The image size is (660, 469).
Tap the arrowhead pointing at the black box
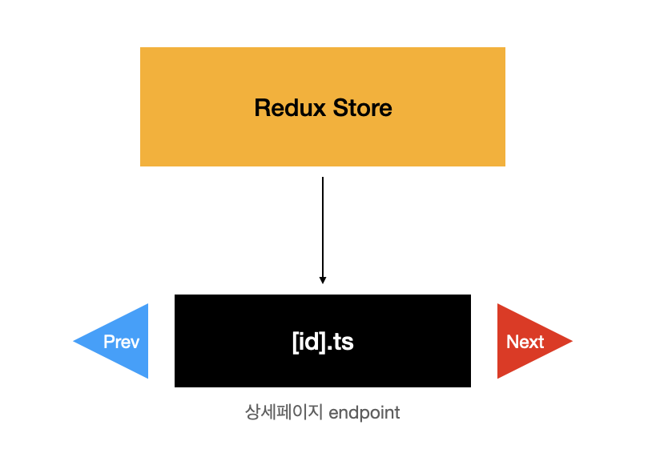click(x=323, y=280)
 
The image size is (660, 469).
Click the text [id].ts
click(x=323, y=342)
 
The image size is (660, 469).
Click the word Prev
click(x=122, y=342)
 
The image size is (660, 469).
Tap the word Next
click(x=525, y=342)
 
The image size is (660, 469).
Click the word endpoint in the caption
click(x=364, y=413)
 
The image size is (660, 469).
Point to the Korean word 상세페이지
click(x=284, y=413)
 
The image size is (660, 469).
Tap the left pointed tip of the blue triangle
click(x=75, y=342)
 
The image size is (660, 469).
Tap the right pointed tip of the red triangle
click(x=570, y=342)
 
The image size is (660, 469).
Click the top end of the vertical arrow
click(x=323, y=178)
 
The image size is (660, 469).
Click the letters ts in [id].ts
click(x=343, y=343)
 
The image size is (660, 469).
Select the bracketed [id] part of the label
click(x=309, y=343)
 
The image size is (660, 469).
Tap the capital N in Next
click(x=512, y=342)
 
